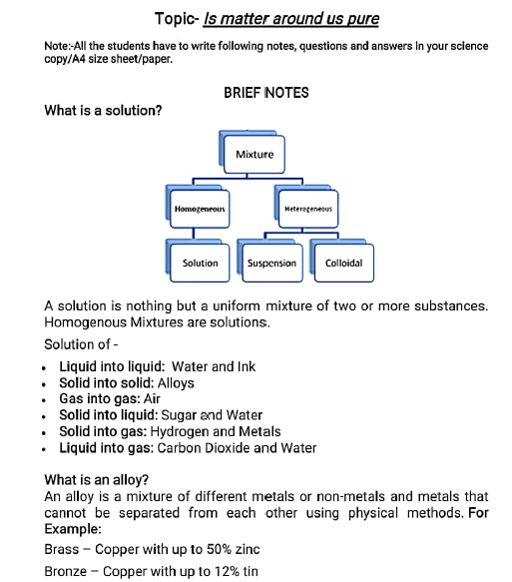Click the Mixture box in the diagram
(255, 155)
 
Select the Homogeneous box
(200, 211)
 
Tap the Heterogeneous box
(308, 211)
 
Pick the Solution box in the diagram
(200, 264)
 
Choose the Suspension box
(271, 264)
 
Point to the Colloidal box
(343, 264)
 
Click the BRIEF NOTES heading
(266, 93)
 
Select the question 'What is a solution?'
(103, 111)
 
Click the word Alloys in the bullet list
(176, 383)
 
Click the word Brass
(62, 549)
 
